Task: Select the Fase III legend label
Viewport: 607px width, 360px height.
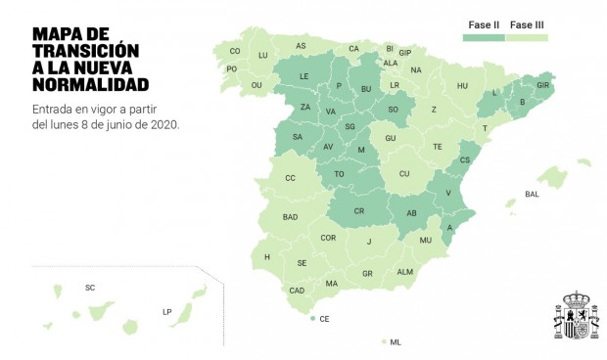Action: (528, 24)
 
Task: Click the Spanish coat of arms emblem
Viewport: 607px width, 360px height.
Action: (577, 316)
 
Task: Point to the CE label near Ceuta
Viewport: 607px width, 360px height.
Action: (324, 319)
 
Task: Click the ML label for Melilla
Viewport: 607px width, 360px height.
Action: (396, 342)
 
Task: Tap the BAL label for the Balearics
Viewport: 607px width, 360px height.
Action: (532, 194)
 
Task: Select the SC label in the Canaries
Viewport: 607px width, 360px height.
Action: (90, 288)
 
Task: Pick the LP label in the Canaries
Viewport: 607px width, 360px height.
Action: (166, 312)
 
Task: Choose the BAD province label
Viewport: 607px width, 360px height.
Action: (290, 217)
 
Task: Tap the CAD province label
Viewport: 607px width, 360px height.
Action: (297, 291)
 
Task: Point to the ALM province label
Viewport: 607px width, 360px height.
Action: (404, 272)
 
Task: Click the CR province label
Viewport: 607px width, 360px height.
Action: (358, 211)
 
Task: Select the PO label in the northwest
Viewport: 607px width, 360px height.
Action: (232, 68)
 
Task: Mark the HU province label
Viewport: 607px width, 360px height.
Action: (463, 86)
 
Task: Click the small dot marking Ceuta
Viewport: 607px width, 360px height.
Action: (312, 319)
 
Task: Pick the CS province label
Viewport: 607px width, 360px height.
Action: (465, 159)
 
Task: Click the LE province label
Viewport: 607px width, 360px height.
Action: (304, 76)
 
